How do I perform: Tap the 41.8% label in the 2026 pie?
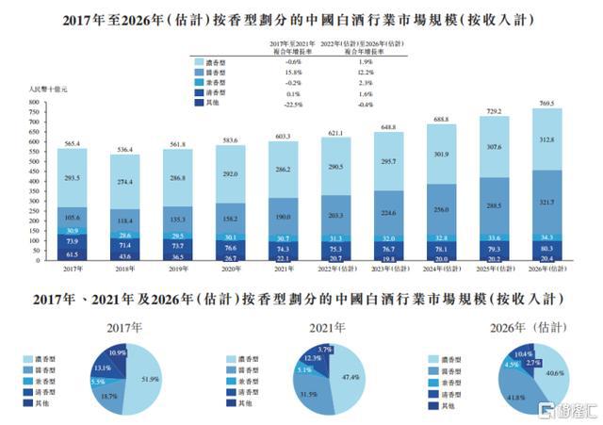pos(516,399)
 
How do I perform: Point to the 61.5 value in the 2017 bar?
pos(71,253)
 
